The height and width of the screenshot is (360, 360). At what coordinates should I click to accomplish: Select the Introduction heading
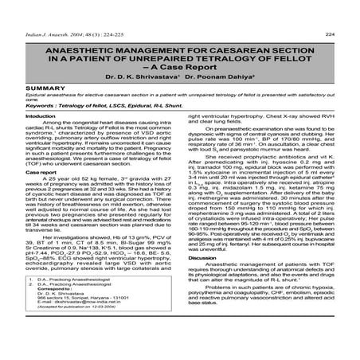click(31, 115)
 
